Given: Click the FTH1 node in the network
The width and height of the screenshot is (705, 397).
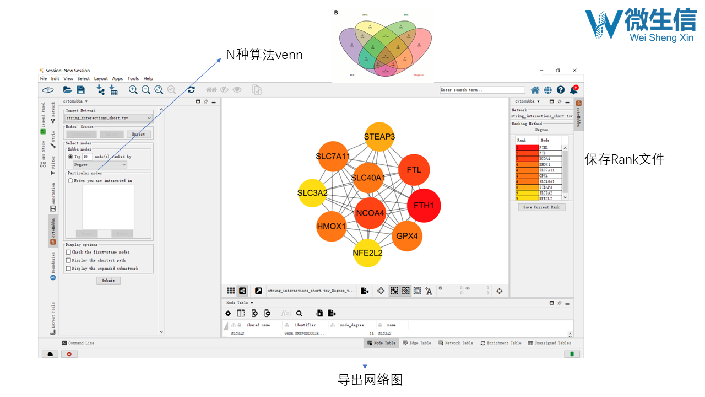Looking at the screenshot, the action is [x=424, y=206].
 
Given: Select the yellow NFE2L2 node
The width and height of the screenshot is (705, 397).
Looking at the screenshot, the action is [x=367, y=253].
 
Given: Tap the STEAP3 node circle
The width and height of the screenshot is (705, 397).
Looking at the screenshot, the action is [x=379, y=137].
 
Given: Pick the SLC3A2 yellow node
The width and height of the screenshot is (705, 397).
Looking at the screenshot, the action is [x=312, y=193].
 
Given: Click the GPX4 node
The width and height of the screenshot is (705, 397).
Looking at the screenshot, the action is [x=407, y=236].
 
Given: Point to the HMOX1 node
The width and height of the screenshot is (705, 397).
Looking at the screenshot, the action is [x=331, y=227].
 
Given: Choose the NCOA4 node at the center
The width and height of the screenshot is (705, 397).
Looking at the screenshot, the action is [x=370, y=213].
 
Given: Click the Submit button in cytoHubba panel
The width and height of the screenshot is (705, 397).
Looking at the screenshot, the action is [x=108, y=280].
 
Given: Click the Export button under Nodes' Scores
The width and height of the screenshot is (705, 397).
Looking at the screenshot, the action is [x=138, y=134].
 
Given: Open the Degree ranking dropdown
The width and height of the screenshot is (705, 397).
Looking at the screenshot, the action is [x=100, y=164].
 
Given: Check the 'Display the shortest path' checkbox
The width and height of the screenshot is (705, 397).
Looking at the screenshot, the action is [x=68, y=260].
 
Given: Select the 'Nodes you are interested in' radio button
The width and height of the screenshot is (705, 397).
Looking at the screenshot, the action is [x=70, y=180].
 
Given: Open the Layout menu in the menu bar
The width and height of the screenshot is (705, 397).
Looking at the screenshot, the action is [x=101, y=78].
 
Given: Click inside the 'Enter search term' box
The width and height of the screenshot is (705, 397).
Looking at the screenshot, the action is [x=482, y=90].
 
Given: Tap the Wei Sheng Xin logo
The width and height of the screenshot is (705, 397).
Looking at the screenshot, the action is [x=641, y=24].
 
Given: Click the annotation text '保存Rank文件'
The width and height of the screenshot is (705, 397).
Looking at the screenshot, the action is [x=624, y=160].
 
